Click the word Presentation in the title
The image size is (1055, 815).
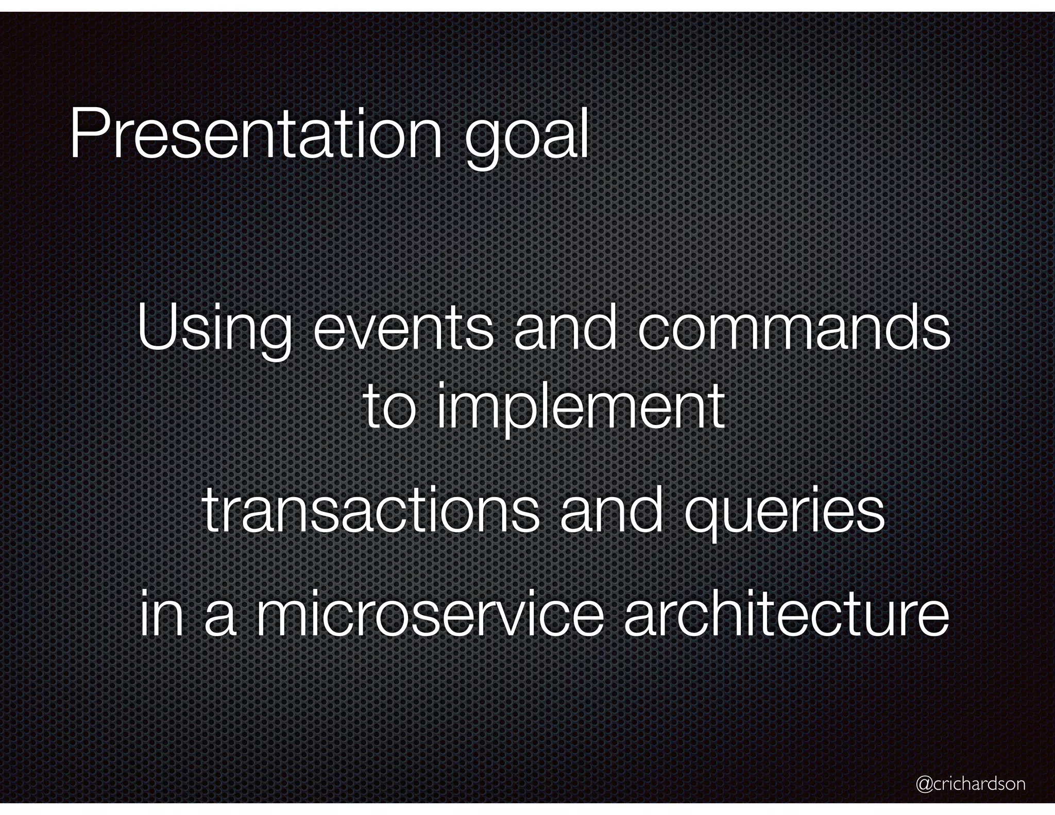256,135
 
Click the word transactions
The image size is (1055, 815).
371,512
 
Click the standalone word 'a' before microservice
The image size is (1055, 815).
220,618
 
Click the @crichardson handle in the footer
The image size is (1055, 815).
971,784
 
